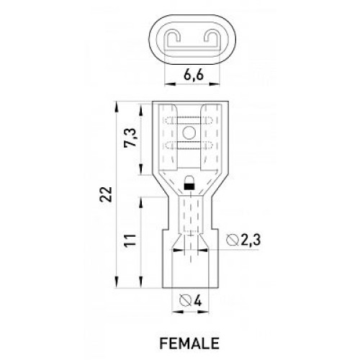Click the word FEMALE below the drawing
point(189,343)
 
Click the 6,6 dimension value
point(194,75)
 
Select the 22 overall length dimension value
point(106,194)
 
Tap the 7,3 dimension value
point(130,138)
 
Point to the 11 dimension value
point(130,240)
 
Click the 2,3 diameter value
point(251,240)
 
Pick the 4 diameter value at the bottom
point(197,300)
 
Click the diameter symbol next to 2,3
point(233,240)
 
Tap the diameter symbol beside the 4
point(186,301)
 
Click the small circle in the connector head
point(189,132)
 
